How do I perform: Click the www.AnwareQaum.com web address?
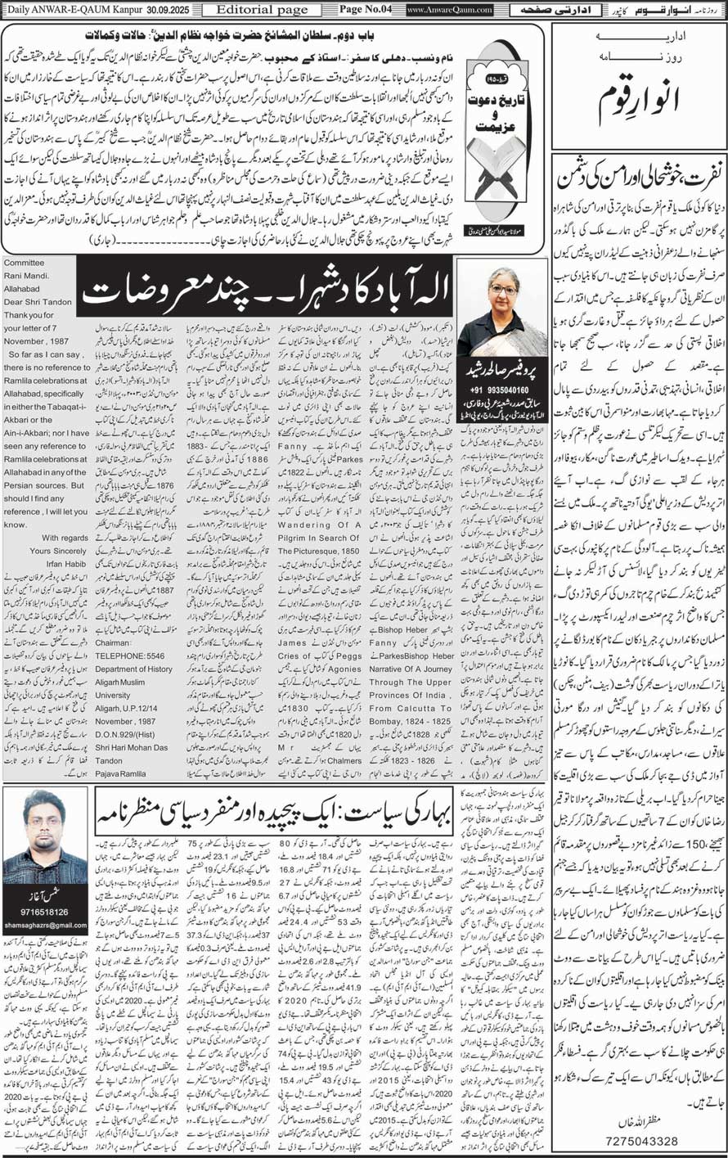(x=451, y=10)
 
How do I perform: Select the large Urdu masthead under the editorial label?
(x=639, y=105)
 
